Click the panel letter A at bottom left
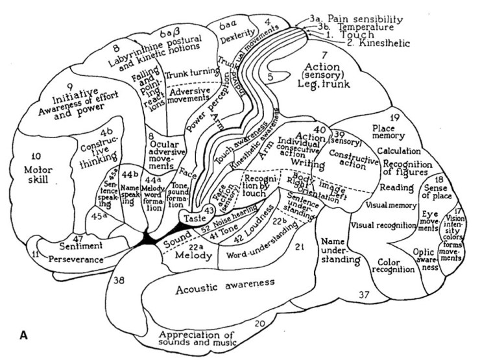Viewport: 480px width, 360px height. click(x=23, y=336)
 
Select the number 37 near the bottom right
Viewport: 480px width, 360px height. click(x=364, y=296)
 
